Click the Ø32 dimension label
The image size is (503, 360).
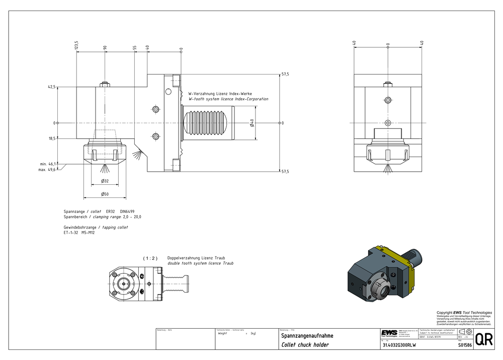tap(105, 181)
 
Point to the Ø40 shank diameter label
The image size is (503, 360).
tap(251, 123)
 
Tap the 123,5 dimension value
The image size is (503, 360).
tap(76, 45)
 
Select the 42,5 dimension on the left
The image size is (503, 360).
tap(51, 87)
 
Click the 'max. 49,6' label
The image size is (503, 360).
tap(48, 169)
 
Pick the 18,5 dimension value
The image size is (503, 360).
tap(51, 138)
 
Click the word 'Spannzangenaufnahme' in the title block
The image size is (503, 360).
tap(307, 335)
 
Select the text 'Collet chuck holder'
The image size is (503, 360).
tap(305, 345)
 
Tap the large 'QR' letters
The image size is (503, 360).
tap(484, 340)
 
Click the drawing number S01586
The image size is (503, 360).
tap(465, 345)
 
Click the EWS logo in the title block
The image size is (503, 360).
tap(388, 335)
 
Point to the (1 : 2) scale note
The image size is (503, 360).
tap(150, 258)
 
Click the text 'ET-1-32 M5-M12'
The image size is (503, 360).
tap(79, 233)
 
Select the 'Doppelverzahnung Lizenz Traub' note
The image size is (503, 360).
tap(193, 258)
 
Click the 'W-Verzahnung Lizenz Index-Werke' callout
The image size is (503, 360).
tap(220, 94)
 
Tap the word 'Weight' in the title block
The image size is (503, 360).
tap(222, 333)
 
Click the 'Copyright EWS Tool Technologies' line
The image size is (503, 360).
tap(464, 313)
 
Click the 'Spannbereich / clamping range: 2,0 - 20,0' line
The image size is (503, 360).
tap(102, 217)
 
